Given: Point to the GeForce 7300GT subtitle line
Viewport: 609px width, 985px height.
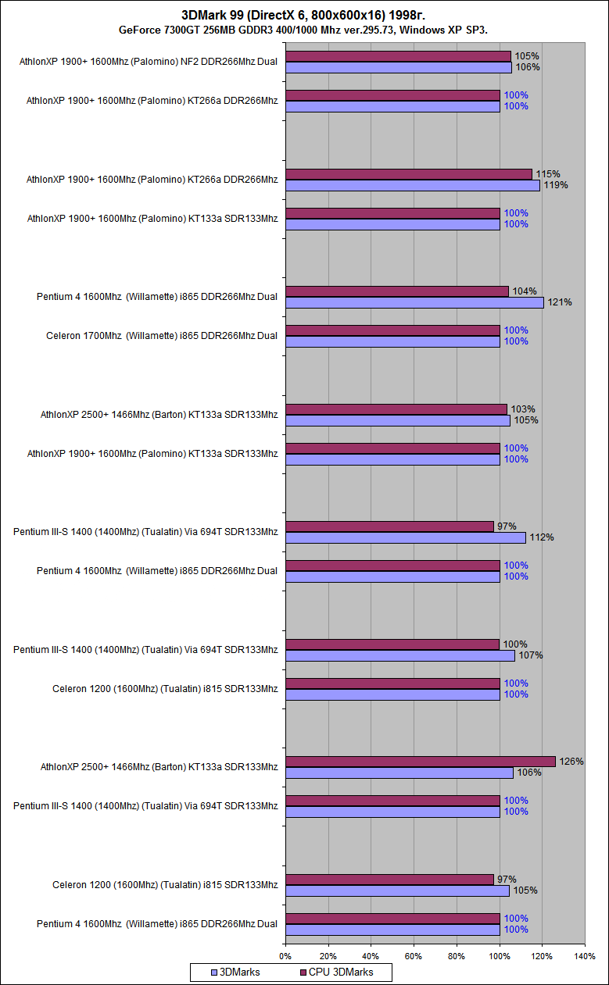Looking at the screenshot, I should tap(304, 30).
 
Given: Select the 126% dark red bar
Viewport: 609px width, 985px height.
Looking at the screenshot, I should tap(420, 762).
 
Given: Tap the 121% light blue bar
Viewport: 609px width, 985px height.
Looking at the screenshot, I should tap(414, 302).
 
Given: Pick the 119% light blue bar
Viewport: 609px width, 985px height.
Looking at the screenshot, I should tap(412, 185).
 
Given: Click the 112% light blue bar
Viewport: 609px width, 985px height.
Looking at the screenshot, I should tap(405, 537).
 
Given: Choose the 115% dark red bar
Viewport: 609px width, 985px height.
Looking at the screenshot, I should tap(408, 174).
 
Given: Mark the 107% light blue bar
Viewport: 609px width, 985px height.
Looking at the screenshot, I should tap(399, 655).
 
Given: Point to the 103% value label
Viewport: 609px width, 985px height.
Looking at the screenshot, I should tap(522, 409).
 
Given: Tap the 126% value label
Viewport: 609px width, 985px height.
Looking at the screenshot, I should tap(571, 762).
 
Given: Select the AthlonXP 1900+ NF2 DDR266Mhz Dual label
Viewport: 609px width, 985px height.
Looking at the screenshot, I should tap(149, 62).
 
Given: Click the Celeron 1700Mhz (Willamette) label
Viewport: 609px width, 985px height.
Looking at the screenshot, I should tap(162, 336).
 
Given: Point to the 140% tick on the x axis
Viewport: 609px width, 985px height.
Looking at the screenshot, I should tap(585, 955).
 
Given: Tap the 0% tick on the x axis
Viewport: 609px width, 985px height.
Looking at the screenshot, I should tap(285, 955).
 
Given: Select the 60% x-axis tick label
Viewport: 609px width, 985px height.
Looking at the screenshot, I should tap(414, 955).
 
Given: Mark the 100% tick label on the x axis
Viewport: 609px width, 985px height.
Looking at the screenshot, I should tap(499, 955).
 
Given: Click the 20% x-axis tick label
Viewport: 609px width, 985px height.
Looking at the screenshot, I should tap(328, 955).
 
